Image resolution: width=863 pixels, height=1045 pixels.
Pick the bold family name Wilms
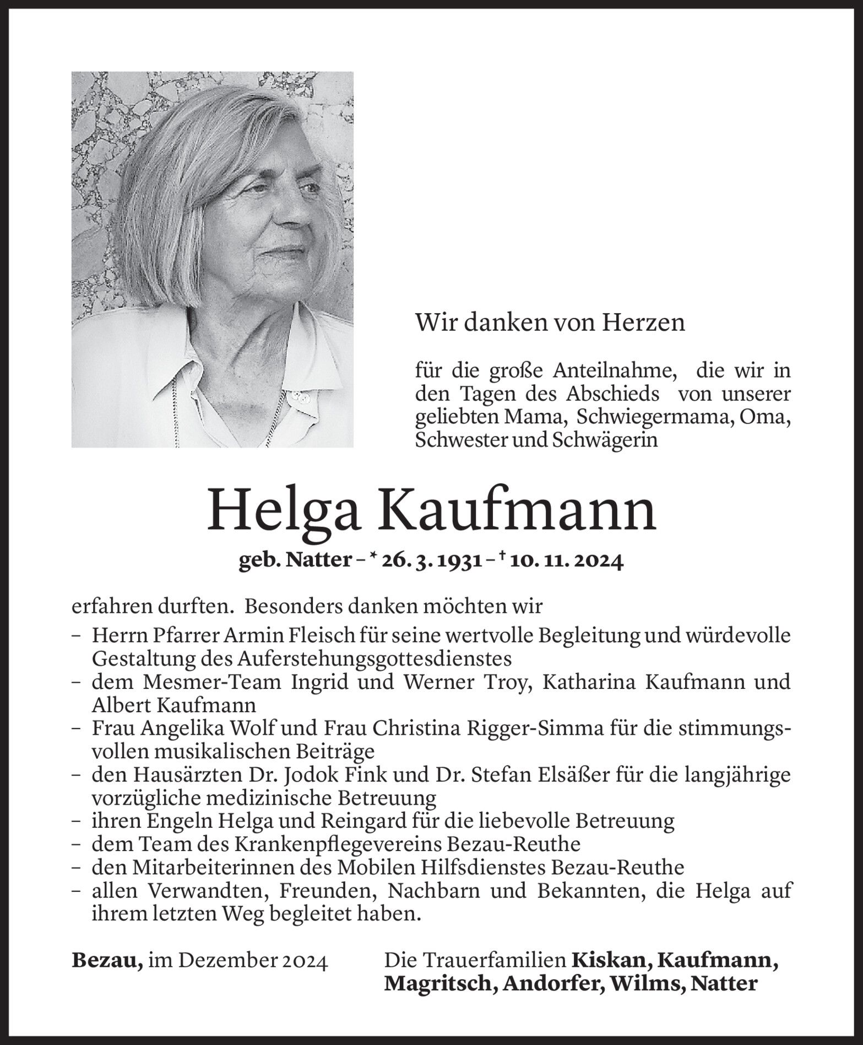(645, 984)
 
